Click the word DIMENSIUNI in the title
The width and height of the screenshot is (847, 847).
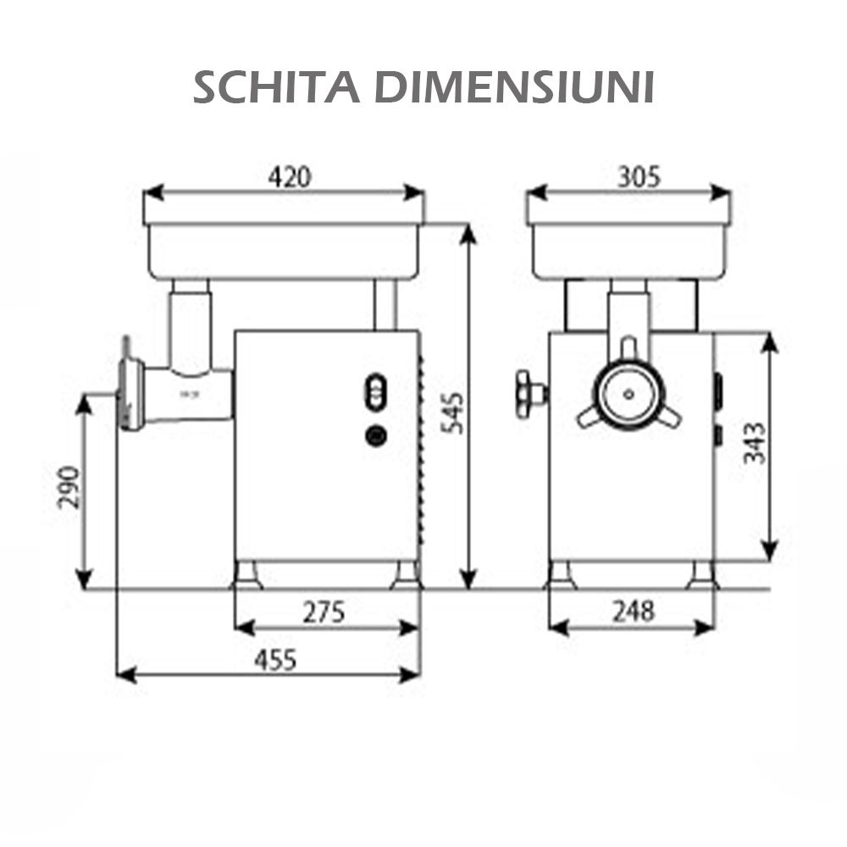(514, 87)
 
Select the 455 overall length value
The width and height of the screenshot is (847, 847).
(276, 660)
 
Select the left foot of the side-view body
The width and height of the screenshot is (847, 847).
(247, 575)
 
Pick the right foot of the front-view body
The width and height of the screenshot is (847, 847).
(701, 575)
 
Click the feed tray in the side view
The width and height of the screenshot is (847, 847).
(284, 251)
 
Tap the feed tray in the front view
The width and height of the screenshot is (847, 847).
(628, 251)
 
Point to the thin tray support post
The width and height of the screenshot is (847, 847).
(385, 305)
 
